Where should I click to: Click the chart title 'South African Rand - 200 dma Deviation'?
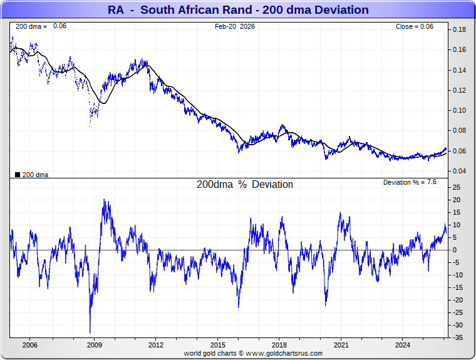237,10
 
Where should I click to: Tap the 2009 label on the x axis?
94,345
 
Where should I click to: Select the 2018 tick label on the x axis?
279,345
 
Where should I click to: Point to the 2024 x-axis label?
403,345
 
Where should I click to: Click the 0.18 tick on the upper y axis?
459,30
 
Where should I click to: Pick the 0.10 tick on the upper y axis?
459,110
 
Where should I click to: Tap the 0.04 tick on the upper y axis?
459,171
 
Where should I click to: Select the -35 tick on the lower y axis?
458,337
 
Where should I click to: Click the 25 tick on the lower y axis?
457,187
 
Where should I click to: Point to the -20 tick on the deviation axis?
458,300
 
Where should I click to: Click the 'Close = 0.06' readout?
414,26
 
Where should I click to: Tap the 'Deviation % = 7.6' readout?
410,182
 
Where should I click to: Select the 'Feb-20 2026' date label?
235,26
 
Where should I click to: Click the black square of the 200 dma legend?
18,175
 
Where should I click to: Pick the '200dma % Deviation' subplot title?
245,185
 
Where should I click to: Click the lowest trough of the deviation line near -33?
90,332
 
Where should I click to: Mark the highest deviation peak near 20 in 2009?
104,200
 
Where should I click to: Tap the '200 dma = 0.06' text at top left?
40,26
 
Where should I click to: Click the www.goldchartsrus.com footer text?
253,353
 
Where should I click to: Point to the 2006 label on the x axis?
29,345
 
